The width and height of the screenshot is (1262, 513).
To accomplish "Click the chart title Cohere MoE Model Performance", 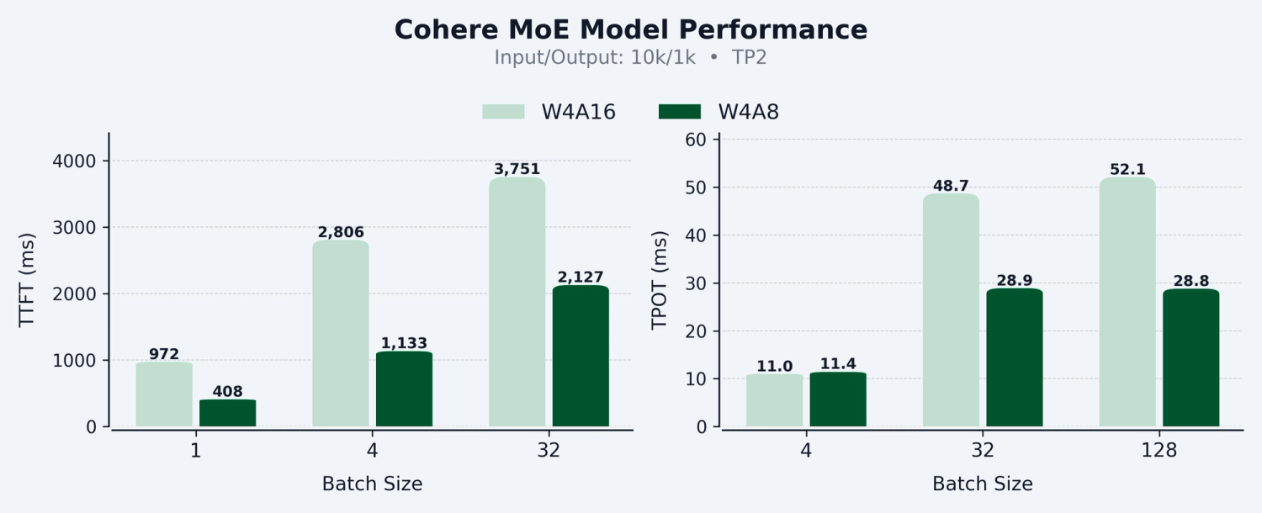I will pos(630,30).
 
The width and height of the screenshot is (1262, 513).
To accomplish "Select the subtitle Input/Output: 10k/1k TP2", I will pos(630,58).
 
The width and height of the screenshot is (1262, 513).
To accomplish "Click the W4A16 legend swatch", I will pos(503,112).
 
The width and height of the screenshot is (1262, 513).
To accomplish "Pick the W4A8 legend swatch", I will pos(679,112).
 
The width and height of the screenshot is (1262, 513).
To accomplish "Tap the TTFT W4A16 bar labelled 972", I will pos(164,394).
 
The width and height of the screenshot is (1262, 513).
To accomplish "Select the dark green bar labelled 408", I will pos(228,413).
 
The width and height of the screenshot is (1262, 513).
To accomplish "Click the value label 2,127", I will pos(581,278).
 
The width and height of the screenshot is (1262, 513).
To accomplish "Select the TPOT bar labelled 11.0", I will pos(774,400).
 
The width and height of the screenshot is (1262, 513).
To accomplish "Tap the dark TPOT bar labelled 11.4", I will pos(838,399).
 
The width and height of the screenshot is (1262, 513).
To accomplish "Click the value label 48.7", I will pos(951,186).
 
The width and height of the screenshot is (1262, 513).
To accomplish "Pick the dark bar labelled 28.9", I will pos(1015,357).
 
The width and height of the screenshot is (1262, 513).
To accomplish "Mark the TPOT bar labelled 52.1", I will pos(1127,302).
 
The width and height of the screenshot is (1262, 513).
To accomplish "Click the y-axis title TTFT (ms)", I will pos(27,280).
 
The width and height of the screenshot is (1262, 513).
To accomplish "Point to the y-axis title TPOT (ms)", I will pos(660,280).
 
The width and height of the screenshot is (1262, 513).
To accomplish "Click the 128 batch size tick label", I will pos(1159,451).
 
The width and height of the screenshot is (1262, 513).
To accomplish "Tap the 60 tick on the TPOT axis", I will pos(694,140).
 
